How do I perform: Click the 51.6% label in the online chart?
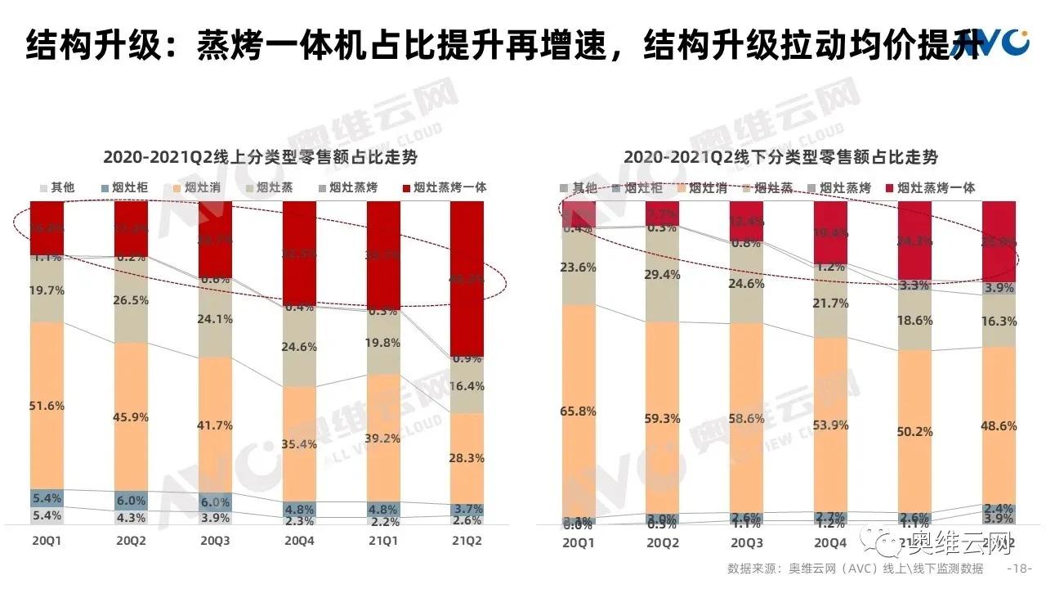[47, 406]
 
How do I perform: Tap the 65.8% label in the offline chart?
[579, 411]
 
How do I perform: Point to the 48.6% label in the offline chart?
[999, 427]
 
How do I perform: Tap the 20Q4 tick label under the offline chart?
[830, 542]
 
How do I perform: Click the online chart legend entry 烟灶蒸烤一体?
[450, 187]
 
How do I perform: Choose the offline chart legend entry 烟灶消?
[707, 187]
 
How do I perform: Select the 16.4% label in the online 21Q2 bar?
[467, 386]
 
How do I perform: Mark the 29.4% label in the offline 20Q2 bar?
[663, 275]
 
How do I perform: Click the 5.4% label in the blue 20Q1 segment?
[47, 498]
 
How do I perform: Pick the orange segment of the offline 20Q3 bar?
[747, 417]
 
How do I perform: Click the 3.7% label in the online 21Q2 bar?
[467, 509]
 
